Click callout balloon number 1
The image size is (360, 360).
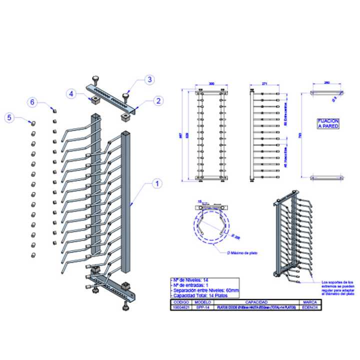156,183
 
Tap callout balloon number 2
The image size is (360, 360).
158,100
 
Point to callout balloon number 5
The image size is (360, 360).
8,117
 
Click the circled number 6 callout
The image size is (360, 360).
32,102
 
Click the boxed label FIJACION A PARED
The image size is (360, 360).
328,124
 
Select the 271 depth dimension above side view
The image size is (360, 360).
265,84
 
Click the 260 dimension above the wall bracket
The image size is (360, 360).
327,84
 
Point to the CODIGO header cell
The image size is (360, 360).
181,302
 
